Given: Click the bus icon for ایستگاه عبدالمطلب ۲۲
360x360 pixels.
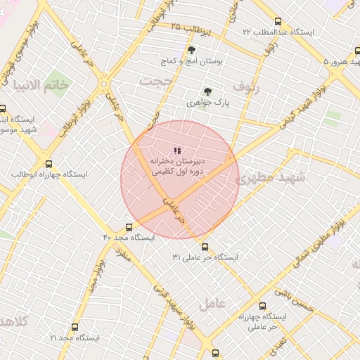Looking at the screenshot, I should coord(278,22).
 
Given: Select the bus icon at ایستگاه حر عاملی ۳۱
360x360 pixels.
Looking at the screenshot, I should coord(205,247).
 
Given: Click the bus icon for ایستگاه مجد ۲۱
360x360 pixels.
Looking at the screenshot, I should coord(75,327).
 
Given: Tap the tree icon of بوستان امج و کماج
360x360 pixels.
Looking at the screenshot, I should coord(191,50).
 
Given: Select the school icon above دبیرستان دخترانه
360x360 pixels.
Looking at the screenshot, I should coord(177,150).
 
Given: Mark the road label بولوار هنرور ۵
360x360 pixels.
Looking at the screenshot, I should coord(336,62).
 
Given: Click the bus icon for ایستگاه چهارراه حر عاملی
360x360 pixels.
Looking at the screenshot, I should coord(262,306).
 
